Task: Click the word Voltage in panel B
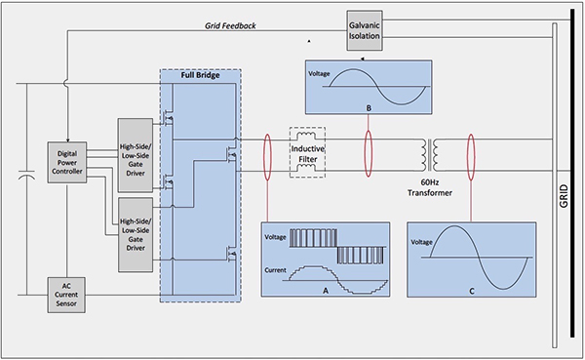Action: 322,74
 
